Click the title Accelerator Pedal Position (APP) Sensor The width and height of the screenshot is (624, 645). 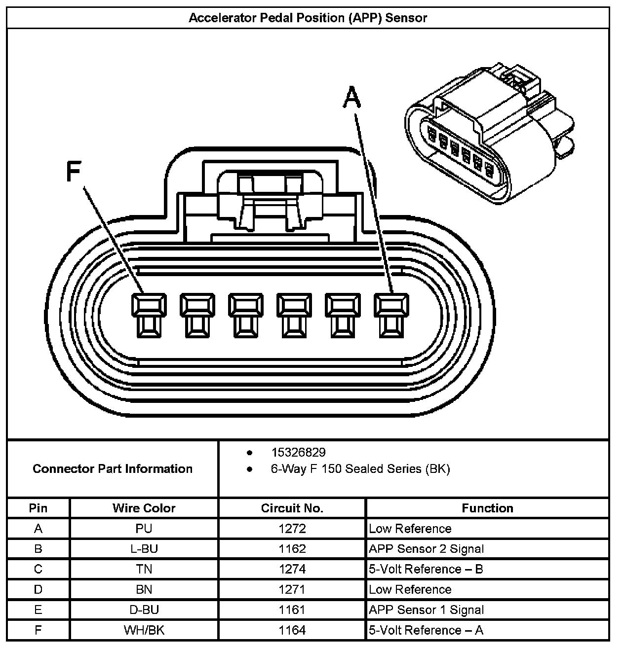308,18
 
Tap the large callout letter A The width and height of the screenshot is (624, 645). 351,97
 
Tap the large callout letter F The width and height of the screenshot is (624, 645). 73,172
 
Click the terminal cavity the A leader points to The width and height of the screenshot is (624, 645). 391,315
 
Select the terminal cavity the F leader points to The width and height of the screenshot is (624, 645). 149,315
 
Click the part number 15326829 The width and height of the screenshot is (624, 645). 298,452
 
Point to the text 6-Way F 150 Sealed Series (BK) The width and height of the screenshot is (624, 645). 360,468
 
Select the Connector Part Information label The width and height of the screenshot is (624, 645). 113,468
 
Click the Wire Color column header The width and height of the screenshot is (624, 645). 144,508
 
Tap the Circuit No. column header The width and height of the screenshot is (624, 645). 292,508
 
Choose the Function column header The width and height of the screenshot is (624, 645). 487,508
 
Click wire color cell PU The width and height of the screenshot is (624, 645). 144,529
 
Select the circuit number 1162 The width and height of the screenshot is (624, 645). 292,549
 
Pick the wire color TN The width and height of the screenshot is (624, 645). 144,569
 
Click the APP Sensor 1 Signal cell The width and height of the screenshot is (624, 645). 426,609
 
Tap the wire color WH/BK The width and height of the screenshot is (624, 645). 144,630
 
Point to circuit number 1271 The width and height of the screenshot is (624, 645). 292,589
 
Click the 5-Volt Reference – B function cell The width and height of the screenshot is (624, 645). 426,569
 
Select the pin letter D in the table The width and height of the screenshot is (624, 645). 38,589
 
